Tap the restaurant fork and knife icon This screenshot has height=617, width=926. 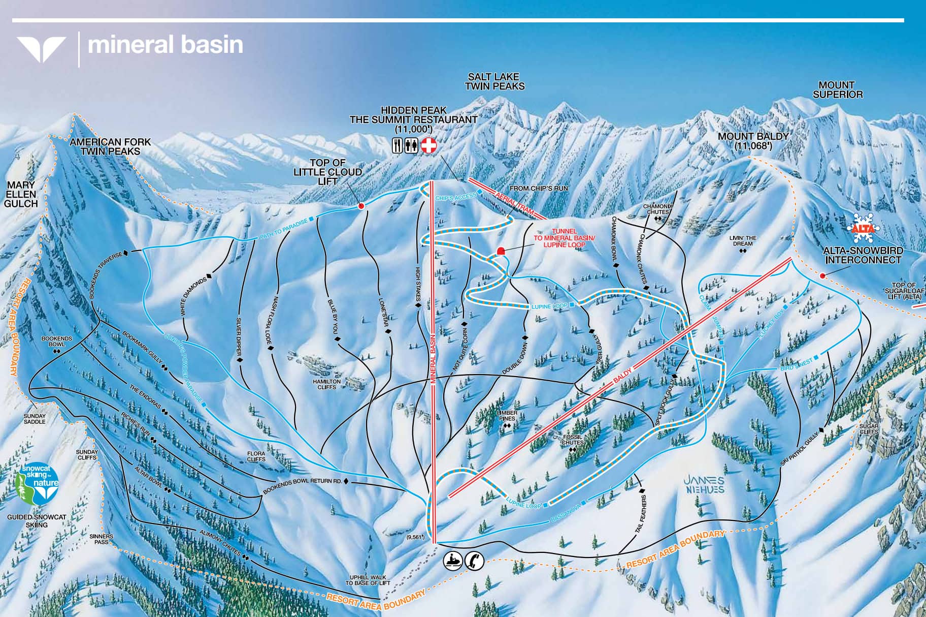click(x=398, y=146)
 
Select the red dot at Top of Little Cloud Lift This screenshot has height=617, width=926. click(x=361, y=206)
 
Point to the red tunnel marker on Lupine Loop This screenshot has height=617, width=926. click(x=501, y=251)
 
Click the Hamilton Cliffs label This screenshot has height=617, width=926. click(x=327, y=384)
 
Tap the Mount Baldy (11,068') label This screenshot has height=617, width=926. click(x=753, y=141)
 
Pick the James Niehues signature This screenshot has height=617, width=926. click(x=704, y=484)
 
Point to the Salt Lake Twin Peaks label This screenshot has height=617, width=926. click(x=494, y=81)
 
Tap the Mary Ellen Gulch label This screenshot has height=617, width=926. click(x=21, y=195)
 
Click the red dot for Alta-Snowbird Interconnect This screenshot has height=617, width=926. click(x=822, y=276)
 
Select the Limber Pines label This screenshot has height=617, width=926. click(x=507, y=416)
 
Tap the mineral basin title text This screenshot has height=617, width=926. click(x=166, y=45)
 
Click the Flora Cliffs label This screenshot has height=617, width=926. click(x=256, y=456)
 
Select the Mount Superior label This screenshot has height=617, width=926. click(x=838, y=89)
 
